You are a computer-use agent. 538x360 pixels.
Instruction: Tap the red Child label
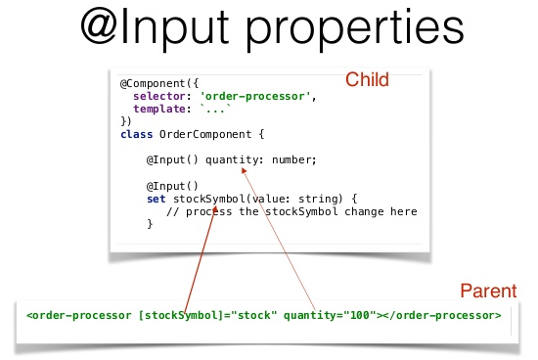[x=368, y=80]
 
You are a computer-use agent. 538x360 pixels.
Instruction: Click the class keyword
[x=136, y=132]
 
